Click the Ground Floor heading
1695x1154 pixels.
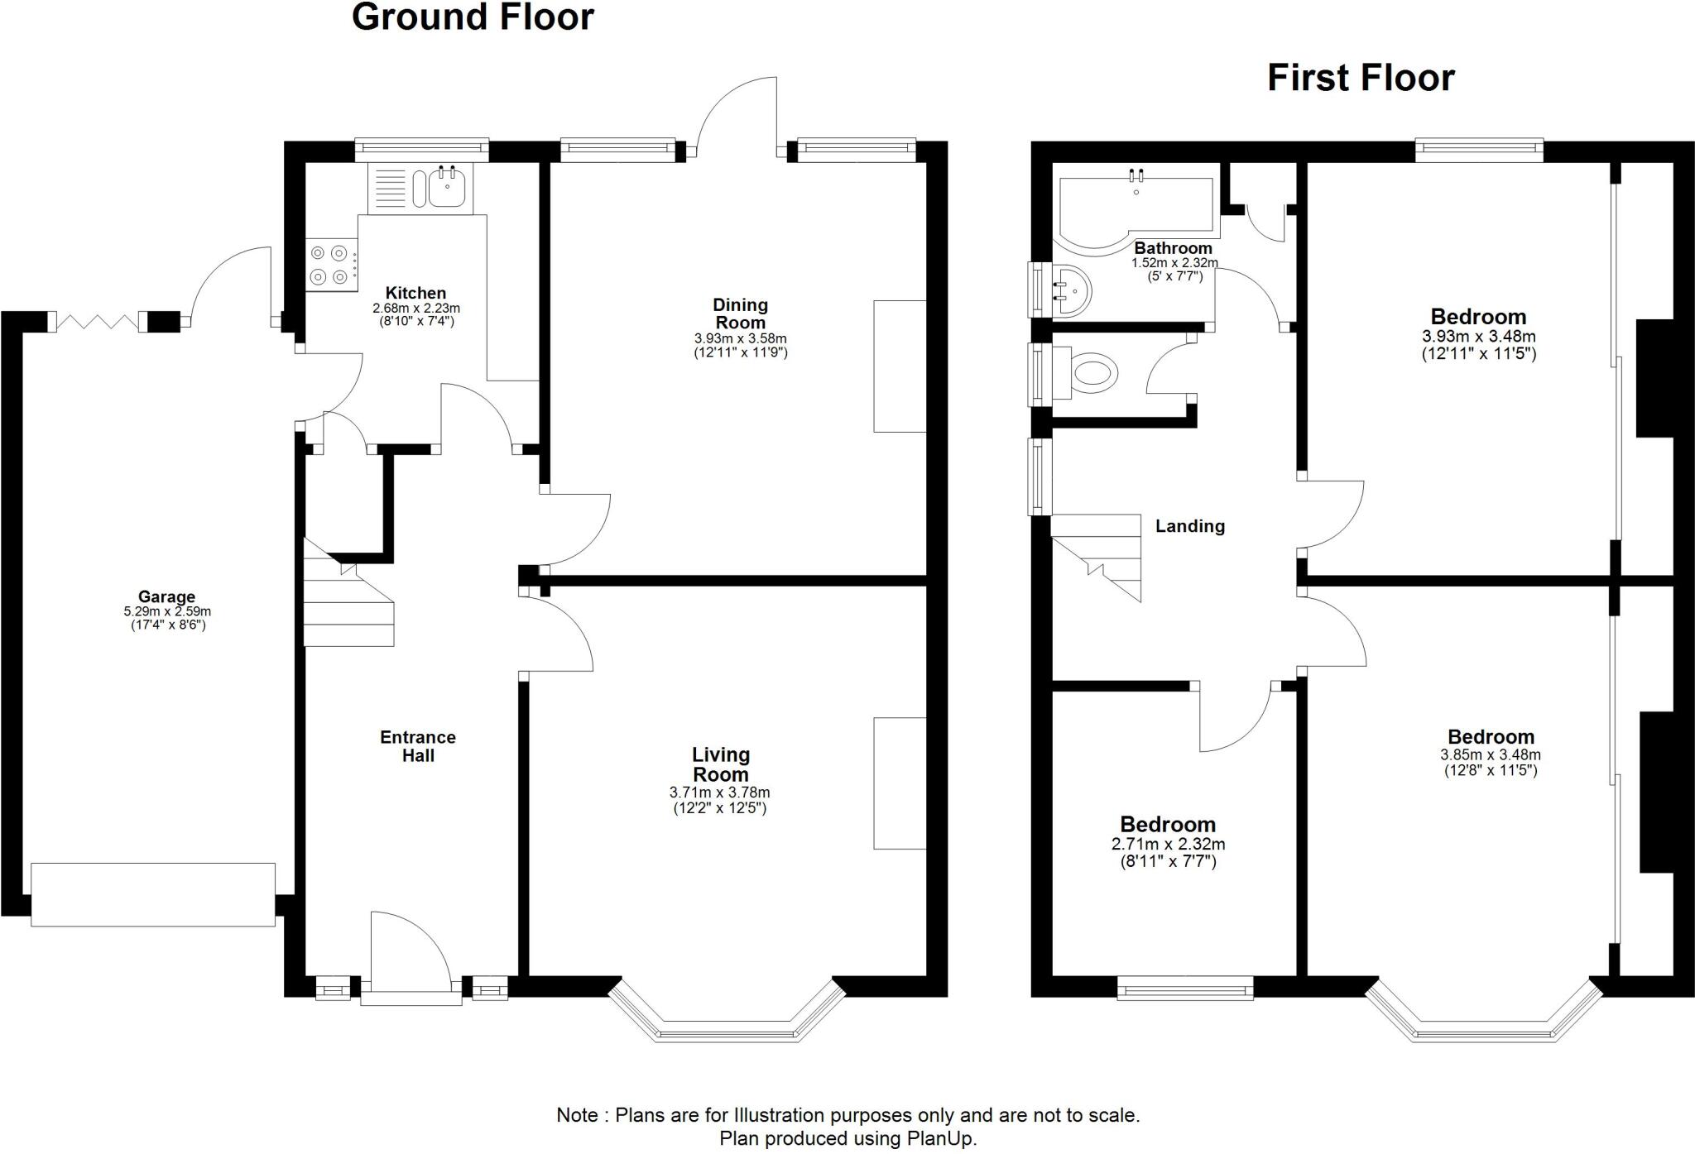tap(473, 17)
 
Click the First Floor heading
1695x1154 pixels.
tap(1361, 79)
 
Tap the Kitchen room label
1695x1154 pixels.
tap(415, 293)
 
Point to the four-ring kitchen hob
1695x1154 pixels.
tap(329, 266)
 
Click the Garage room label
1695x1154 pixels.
tap(166, 596)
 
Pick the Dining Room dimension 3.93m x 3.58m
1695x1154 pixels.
tap(740, 338)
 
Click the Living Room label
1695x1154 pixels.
tap(721, 764)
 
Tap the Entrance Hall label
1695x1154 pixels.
tap(418, 746)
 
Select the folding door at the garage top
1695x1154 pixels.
tap(96, 322)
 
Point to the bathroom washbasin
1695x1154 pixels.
tap(1073, 290)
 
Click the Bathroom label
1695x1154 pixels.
tap(1173, 248)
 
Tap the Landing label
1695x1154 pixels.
tap(1189, 526)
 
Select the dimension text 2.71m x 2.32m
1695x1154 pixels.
tap(1168, 845)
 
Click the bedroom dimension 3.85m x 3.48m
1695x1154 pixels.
tap(1490, 754)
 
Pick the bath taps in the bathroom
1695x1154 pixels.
tap(1136, 175)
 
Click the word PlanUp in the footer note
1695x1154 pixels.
tap(944, 1138)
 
